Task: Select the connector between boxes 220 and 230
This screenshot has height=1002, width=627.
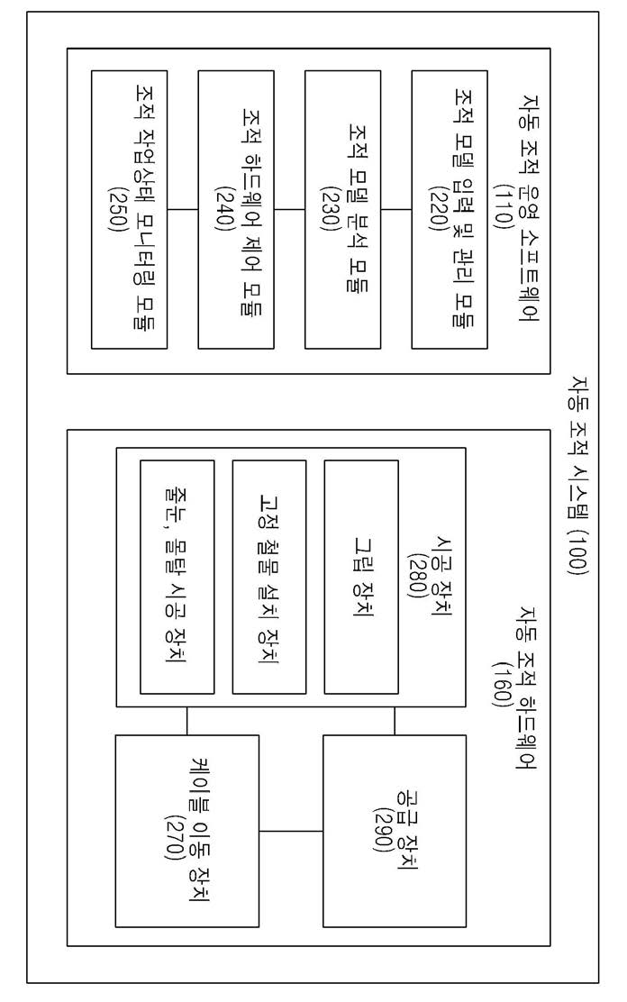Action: tap(396, 209)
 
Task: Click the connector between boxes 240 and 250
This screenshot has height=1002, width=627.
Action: tap(183, 209)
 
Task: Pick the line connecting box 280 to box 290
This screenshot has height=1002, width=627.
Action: tap(395, 721)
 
